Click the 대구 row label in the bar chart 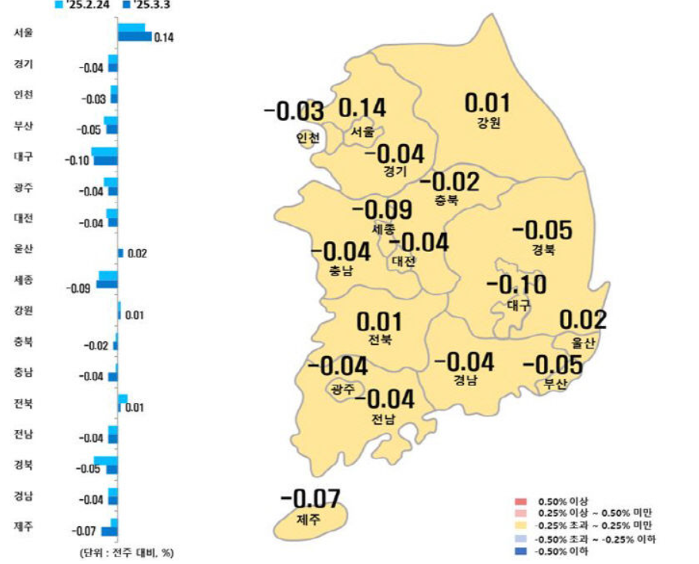pos(23,156)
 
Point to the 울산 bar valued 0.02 pos(120,253)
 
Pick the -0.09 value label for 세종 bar pos(79,289)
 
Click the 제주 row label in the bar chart pos(23,526)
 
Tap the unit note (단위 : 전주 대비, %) pos(124,553)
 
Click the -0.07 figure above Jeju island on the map pos(311,499)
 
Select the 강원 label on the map pos(489,123)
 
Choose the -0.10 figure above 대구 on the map pos(516,286)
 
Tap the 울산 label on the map pos(583,342)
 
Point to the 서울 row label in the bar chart pos(23,33)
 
